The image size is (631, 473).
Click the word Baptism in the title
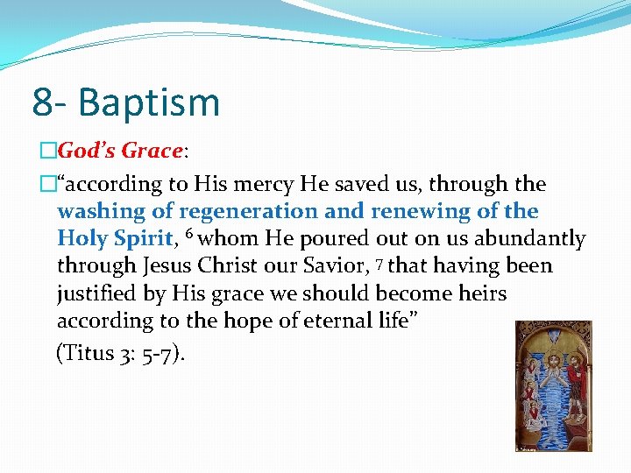[149, 102]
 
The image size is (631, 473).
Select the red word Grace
[151, 151]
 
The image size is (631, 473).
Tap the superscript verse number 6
[188, 235]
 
